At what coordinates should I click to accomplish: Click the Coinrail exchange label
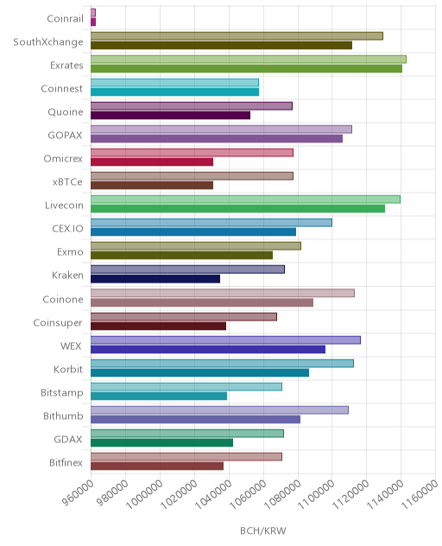65,18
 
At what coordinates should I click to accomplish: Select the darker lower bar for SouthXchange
221,45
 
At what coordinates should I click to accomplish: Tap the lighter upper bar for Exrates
249,60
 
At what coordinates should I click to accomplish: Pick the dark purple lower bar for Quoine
171,115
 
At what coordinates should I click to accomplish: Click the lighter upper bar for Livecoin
246,200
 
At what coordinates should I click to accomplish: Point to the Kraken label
67,276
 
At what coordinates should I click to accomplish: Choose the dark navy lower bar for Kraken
155,279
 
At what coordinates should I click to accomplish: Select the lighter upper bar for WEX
225,340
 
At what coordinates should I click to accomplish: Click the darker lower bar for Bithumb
196,420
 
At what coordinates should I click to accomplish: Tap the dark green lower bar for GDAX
161,443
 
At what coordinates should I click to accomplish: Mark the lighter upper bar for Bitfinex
186,457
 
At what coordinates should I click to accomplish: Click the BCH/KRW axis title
263,531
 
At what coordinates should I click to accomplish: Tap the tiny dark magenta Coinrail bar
93,22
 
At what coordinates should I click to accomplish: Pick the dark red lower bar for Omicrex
152,162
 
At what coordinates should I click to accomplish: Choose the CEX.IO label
67,229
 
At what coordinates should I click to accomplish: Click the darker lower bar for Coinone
202,302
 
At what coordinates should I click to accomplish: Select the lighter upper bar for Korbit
223,364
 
